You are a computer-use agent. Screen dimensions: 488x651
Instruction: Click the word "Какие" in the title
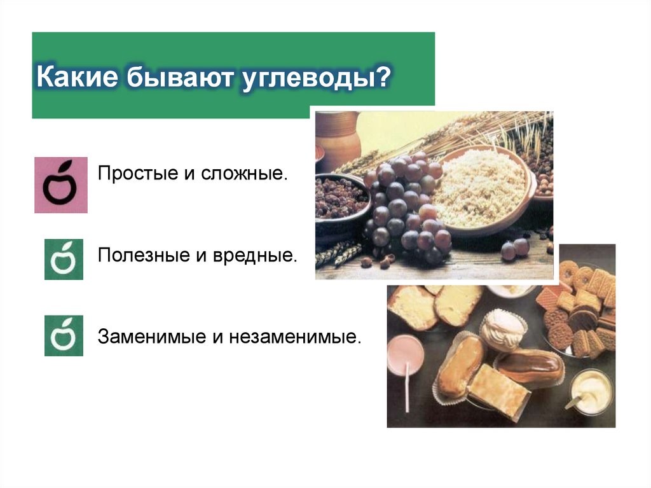click(x=74, y=78)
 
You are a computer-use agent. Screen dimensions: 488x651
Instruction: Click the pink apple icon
click(x=60, y=185)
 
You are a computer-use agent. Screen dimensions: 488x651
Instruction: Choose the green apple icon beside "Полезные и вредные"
click(x=64, y=260)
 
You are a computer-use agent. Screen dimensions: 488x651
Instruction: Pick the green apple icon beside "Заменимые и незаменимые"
click(x=64, y=335)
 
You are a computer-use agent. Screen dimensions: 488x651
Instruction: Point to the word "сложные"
click(x=245, y=174)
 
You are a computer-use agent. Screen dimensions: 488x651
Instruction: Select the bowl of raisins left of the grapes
click(x=340, y=198)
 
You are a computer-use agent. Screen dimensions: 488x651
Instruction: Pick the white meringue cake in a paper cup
click(x=502, y=330)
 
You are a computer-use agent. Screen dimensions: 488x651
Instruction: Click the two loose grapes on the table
click(x=515, y=248)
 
